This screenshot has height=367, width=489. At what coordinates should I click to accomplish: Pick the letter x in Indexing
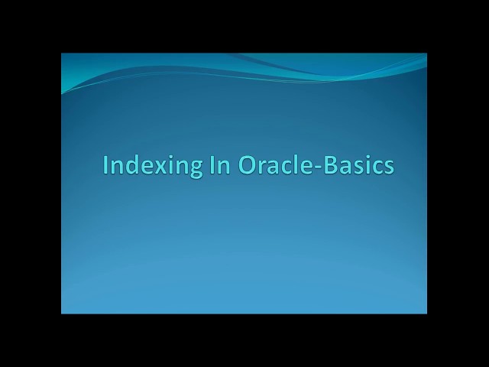click(x=152, y=167)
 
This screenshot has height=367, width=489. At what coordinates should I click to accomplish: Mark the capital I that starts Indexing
click(x=106, y=164)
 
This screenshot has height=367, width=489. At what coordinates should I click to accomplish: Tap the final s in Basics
click(x=388, y=167)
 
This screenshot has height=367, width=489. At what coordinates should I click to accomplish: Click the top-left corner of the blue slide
click(x=62, y=54)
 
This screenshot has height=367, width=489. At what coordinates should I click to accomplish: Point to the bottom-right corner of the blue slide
click(x=426, y=313)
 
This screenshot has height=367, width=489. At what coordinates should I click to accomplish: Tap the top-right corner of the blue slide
click(x=426, y=54)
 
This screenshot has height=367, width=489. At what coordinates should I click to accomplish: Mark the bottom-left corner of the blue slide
click(x=62, y=313)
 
